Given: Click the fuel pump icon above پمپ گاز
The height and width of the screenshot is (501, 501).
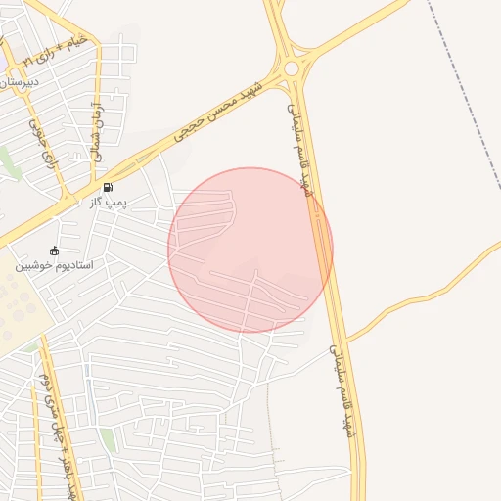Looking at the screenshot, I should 107,187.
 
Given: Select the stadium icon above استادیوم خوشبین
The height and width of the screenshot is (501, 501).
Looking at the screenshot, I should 54,250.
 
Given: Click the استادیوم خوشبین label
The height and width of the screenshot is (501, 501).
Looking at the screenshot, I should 53,265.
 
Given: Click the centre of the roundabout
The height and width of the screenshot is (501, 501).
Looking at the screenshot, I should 292,68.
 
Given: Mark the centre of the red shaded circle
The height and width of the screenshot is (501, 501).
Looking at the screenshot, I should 250,250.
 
